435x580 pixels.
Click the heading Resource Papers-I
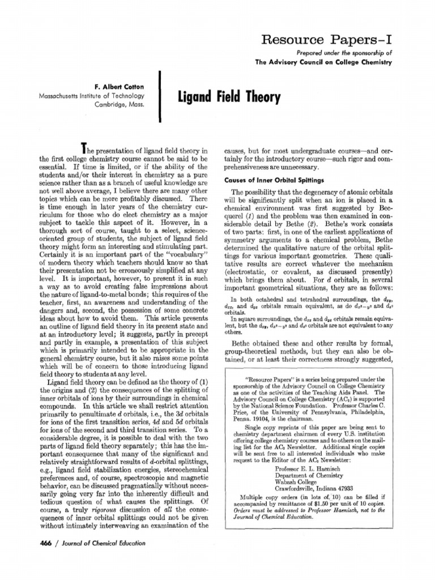click(327, 40)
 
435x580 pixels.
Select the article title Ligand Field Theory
click(229, 99)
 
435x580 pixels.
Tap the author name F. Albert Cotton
click(117, 86)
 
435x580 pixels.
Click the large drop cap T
click(84, 148)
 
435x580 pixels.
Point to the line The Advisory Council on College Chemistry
click(323, 63)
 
